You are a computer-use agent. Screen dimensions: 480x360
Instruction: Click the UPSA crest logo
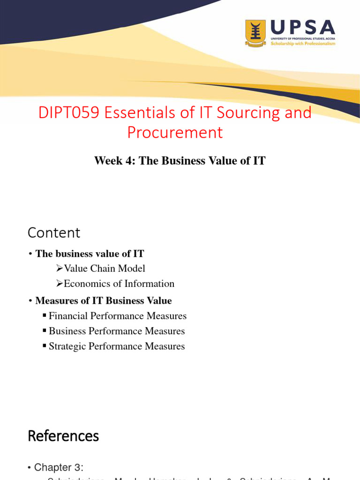click(255, 33)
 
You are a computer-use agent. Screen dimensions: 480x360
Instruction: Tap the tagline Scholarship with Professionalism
click(303, 43)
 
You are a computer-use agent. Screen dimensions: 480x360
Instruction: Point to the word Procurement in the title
click(175, 133)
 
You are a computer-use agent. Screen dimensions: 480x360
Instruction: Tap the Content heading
click(54, 232)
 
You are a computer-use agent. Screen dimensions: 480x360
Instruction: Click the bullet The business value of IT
click(90, 254)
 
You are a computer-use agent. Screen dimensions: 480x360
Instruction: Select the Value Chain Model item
click(105, 269)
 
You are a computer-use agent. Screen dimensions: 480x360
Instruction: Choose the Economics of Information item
click(119, 284)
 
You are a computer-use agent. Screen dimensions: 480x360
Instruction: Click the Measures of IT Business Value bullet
click(104, 300)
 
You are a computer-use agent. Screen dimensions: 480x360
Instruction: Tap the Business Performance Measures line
click(117, 331)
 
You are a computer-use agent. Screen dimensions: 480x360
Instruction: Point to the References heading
click(63, 436)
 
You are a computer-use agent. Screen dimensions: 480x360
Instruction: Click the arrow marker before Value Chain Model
click(59, 269)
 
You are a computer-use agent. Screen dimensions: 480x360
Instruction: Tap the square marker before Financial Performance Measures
click(45, 316)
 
